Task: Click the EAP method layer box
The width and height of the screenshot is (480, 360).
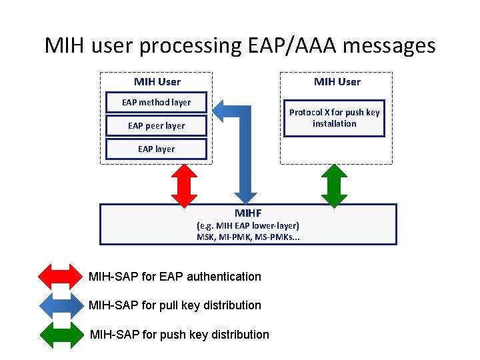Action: pyautogui.click(x=157, y=103)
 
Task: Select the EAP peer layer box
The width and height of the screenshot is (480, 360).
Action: pyautogui.click(x=157, y=125)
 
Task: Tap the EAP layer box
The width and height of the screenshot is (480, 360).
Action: pyautogui.click(x=157, y=149)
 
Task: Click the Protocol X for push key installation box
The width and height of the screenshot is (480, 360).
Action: pyautogui.click(x=334, y=118)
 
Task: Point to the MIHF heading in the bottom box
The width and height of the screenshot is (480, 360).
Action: pyautogui.click(x=248, y=213)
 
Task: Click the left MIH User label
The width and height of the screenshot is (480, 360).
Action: pyautogui.click(x=157, y=82)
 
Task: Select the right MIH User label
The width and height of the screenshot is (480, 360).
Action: pyautogui.click(x=337, y=82)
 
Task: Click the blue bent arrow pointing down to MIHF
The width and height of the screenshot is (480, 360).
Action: pyautogui.click(x=245, y=153)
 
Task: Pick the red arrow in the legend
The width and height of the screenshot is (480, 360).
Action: pyautogui.click(x=59, y=277)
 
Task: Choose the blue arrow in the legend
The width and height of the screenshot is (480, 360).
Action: pyautogui.click(x=59, y=305)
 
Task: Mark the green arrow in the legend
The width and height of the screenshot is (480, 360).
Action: pyautogui.click(x=59, y=335)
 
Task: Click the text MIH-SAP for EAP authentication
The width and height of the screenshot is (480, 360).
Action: pyautogui.click(x=175, y=277)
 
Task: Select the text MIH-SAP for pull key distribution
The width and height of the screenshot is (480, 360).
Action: pyautogui.click(x=175, y=305)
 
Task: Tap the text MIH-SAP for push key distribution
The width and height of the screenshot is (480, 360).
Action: pyautogui.click(x=179, y=335)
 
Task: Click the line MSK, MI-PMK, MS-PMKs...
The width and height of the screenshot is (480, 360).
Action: pyautogui.click(x=248, y=237)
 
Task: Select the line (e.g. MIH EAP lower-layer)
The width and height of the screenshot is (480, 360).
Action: pyautogui.click(x=248, y=225)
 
